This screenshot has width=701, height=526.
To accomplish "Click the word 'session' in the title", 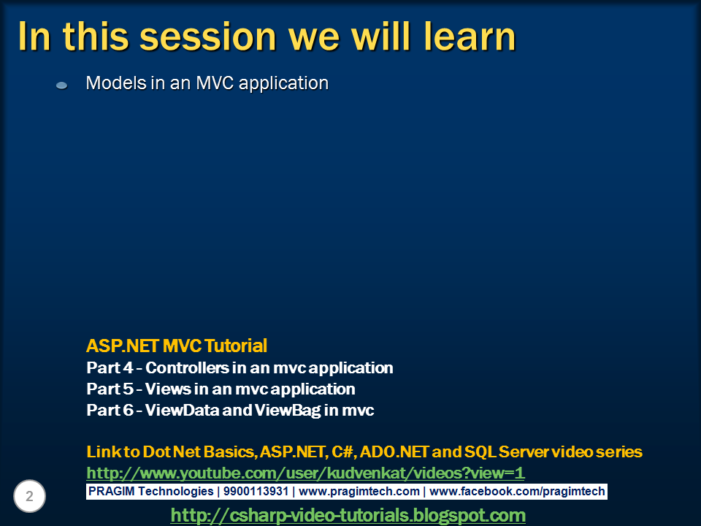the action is (208, 37).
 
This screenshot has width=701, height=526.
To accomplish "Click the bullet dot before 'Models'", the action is (61, 85).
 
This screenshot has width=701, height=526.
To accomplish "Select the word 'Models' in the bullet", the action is (116, 83).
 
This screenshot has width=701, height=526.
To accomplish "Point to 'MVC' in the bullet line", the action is (215, 83).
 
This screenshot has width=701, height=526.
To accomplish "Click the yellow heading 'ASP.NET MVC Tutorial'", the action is (177, 346).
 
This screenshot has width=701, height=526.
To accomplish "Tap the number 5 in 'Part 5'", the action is (129, 389).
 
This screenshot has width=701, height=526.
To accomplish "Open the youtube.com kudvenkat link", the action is (305, 473).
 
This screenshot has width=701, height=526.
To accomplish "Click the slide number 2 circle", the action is (29, 496).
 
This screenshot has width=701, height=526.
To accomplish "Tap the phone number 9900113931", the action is (256, 491).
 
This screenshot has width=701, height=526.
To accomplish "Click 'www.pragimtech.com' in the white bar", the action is (359, 492).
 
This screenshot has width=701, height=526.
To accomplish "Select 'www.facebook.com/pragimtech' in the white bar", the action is (517, 492).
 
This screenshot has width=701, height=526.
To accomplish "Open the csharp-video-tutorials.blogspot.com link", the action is (348, 515).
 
